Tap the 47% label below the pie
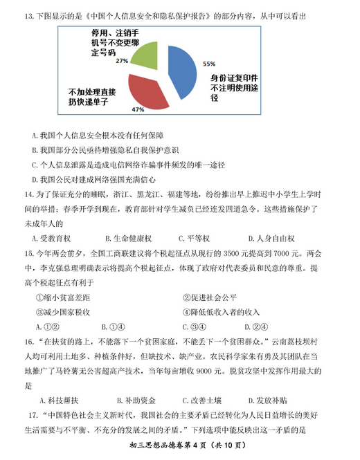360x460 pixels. tap(137, 110)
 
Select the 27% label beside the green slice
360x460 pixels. tap(122, 61)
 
